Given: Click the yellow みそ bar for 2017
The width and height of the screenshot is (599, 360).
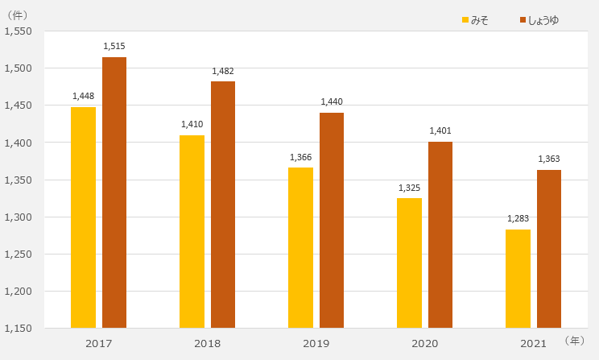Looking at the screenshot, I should pyautogui.click(x=83, y=217).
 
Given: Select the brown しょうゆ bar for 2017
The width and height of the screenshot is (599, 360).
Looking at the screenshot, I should pyautogui.click(x=114, y=192).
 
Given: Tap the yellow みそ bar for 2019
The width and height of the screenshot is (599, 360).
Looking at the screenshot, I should pyautogui.click(x=300, y=247).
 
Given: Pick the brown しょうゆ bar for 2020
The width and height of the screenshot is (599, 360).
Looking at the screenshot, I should pyautogui.click(x=440, y=234).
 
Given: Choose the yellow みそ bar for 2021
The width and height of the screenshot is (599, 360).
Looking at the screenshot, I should pyautogui.click(x=518, y=279).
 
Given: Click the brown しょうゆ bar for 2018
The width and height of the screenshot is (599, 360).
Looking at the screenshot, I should pyautogui.click(x=223, y=205).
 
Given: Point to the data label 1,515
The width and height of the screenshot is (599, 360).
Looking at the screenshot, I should pyautogui.click(x=114, y=47).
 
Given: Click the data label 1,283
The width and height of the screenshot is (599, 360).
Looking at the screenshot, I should pyautogui.click(x=518, y=218).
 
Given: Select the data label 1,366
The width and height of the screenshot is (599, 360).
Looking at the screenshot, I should pyautogui.click(x=300, y=157).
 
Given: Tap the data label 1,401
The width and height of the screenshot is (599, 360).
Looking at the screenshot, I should pyautogui.click(x=440, y=130).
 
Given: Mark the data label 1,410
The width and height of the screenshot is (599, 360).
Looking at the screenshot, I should pyautogui.click(x=192, y=124).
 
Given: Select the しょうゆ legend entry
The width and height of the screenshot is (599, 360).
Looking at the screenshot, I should pyautogui.click(x=539, y=19).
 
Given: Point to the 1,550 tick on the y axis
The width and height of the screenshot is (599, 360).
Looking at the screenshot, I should pyautogui.click(x=18, y=31).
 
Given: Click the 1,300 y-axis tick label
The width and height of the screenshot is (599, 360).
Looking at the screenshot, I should pyautogui.click(x=18, y=217).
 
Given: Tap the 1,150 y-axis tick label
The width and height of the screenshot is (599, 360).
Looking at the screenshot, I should pyautogui.click(x=18, y=329).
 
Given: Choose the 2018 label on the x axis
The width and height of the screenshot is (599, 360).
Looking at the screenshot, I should pyautogui.click(x=207, y=344).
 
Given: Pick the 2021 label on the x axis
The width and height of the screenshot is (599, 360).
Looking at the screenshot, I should pyautogui.click(x=533, y=344).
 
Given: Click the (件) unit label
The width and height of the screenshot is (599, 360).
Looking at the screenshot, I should pyautogui.click(x=17, y=14).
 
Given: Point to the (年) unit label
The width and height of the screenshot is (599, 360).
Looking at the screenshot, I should pyautogui.click(x=575, y=341).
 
